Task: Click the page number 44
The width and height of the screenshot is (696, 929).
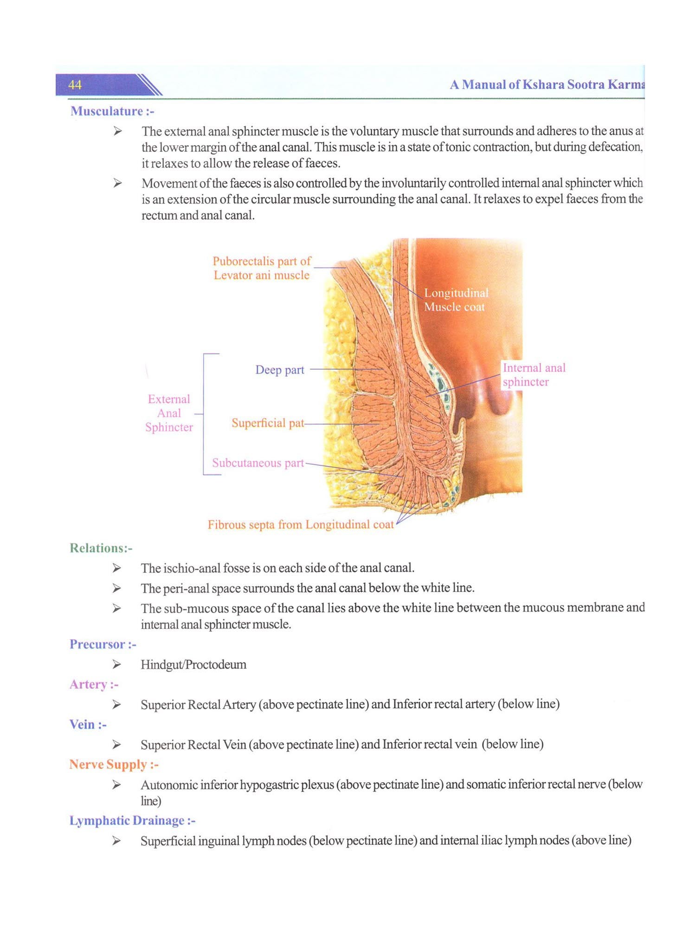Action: pos(75,85)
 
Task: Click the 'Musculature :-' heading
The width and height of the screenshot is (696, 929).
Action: pos(112,111)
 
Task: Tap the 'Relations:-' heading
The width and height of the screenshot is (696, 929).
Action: pos(101,548)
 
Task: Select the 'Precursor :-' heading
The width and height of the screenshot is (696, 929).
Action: pos(103,644)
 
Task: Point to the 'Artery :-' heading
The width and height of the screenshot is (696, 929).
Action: pos(94,684)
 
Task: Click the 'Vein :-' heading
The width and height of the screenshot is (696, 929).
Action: pos(88,725)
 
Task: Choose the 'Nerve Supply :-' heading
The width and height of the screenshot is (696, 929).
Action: pos(114,765)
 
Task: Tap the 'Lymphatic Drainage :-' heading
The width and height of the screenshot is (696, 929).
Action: pos(132,821)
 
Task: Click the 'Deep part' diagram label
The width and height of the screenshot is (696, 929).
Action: pos(279,370)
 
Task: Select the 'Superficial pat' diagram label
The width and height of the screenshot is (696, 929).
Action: pos(268,423)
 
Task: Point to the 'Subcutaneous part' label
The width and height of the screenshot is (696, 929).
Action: pos(258,463)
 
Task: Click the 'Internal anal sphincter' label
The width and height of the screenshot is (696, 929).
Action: pos(534,375)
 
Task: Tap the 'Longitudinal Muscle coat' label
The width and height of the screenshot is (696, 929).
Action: pos(456,300)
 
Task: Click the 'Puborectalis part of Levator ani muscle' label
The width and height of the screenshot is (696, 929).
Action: pos(262,268)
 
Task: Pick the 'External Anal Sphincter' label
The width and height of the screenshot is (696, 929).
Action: pos(169,413)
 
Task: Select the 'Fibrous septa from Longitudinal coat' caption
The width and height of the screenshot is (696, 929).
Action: pos(300,525)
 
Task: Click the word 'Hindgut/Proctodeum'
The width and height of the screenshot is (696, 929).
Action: pos(193,665)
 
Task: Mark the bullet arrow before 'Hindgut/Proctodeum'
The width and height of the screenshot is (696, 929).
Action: pos(116,665)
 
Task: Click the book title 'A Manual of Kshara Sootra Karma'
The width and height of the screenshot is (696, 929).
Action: pos(547,85)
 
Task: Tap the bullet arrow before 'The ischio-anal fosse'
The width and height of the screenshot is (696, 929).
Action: pos(116,568)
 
